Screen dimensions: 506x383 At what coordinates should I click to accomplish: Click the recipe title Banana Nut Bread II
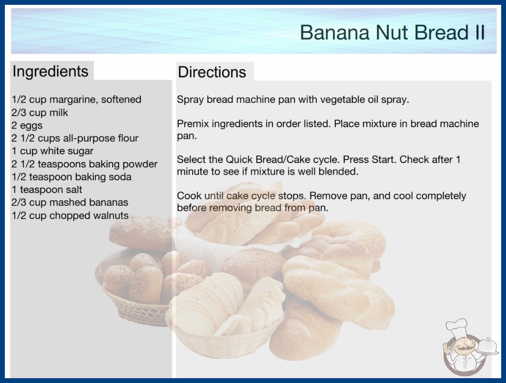click(392, 32)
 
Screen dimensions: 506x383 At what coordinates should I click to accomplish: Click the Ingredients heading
click(50, 72)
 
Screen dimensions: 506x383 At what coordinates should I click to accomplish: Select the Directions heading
click(212, 72)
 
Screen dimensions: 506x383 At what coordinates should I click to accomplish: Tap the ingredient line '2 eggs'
click(27, 126)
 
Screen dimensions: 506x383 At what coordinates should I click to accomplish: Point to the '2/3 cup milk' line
click(40, 113)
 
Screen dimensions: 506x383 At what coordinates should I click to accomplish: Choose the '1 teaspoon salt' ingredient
click(47, 190)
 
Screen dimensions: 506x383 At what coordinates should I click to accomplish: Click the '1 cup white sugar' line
click(52, 151)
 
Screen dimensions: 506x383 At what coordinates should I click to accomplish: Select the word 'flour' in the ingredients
click(128, 138)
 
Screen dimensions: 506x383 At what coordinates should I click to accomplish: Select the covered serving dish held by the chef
click(488, 347)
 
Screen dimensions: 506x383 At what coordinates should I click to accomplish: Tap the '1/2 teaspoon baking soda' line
click(71, 177)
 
